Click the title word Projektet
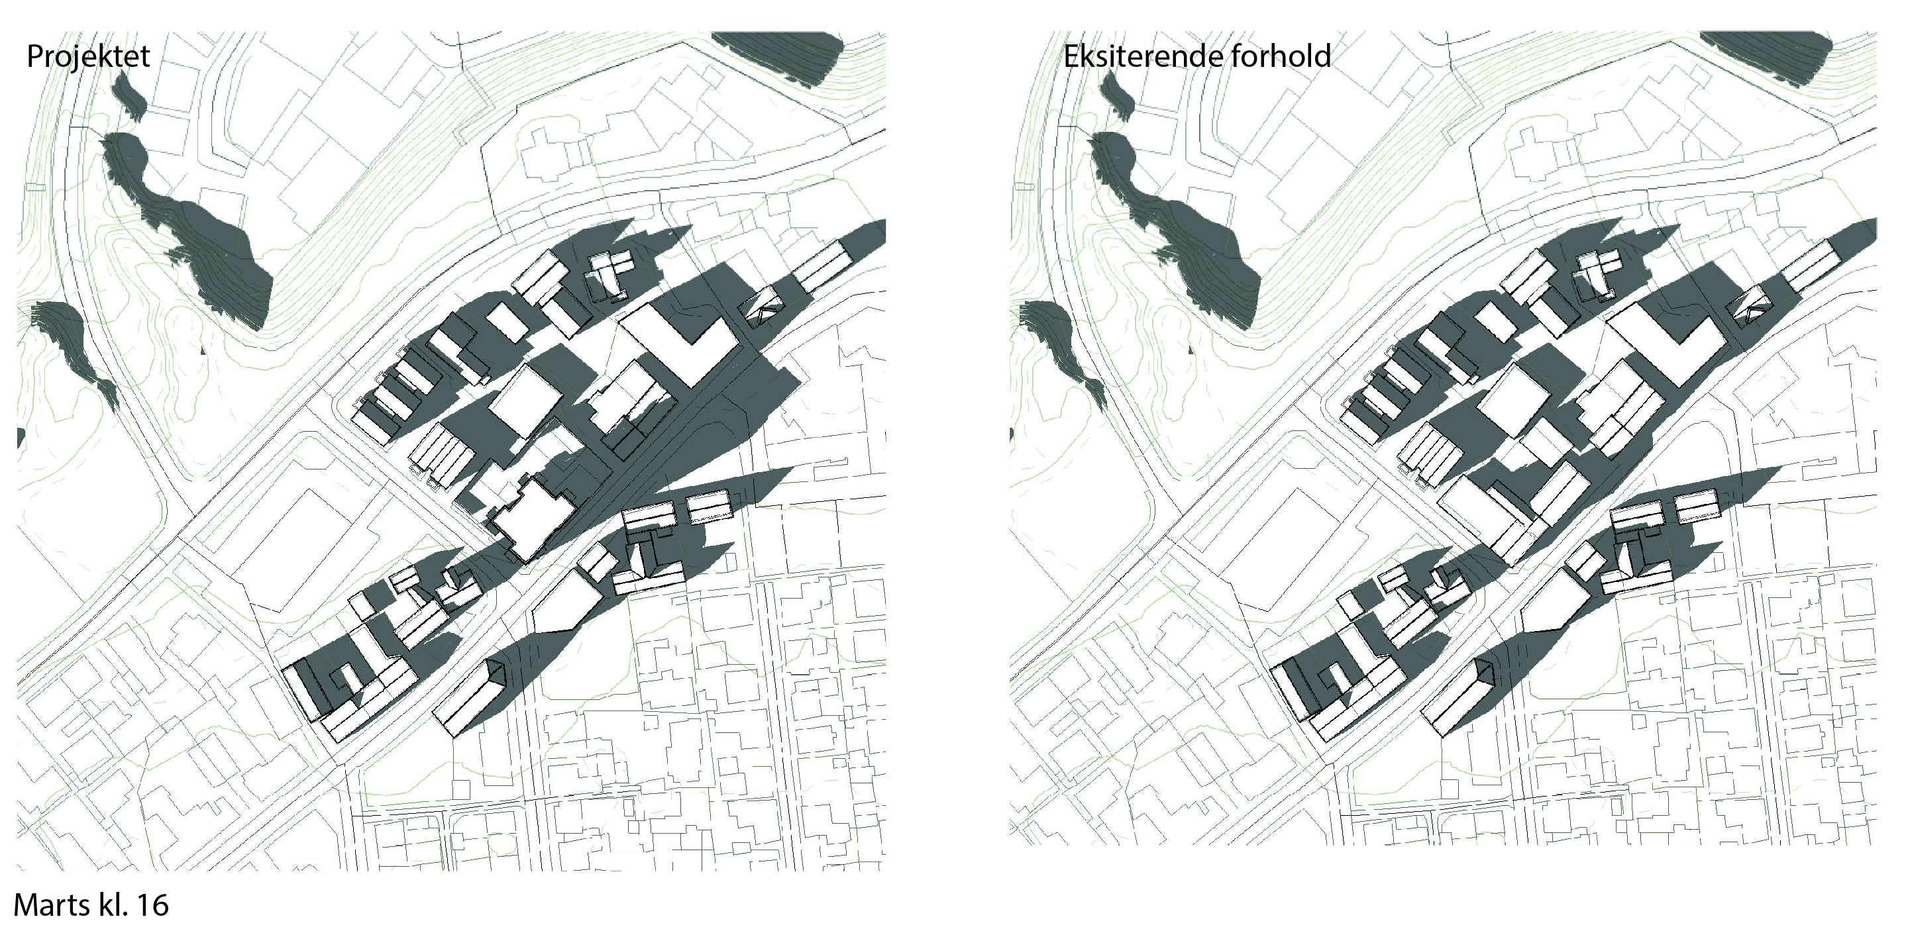coord(88,56)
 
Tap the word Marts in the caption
coord(49,905)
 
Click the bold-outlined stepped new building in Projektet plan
coord(534,519)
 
